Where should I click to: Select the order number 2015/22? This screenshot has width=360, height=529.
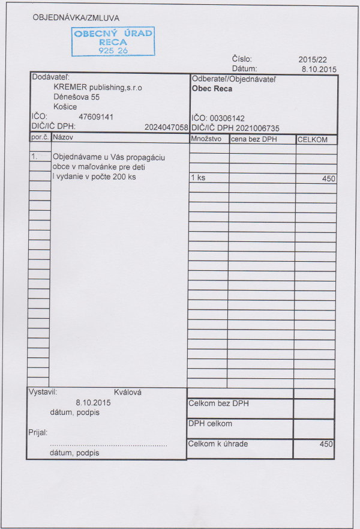click(313, 59)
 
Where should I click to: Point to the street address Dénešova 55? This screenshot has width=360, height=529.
click(76, 97)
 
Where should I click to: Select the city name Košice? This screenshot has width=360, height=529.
click(65, 107)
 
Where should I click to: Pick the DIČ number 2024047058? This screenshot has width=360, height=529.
click(166, 127)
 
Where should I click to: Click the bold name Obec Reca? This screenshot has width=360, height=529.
click(212, 89)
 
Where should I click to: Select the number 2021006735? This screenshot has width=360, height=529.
click(258, 128)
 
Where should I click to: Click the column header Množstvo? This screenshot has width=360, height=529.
click(206, 139)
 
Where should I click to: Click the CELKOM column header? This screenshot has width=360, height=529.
click(313, 140)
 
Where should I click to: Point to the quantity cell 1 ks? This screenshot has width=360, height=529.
click(198, 178)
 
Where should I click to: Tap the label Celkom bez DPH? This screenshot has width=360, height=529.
click(218, 404)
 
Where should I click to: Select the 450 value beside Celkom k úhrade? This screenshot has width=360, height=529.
click(326, 444)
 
